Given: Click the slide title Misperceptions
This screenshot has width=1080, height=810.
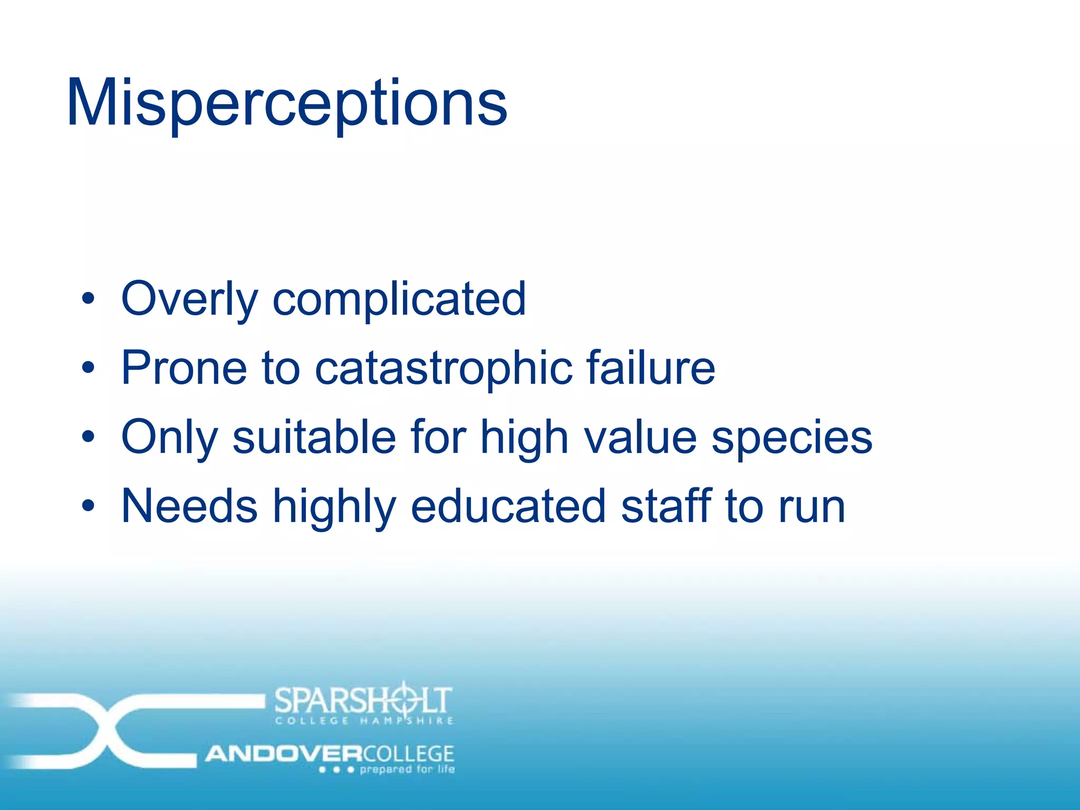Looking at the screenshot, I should (x=286, y=103).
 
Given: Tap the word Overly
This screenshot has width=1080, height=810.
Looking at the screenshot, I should (x=189, y=299).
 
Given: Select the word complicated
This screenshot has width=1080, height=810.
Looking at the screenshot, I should (x=399, y=299).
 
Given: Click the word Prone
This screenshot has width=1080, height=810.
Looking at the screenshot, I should (x=184, y=368).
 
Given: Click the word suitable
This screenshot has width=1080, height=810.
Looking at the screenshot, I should (x=314, y=437).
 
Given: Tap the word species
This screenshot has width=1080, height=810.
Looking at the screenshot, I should (x=792, y=437).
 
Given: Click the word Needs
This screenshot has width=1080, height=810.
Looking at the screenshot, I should (x=189, y=506).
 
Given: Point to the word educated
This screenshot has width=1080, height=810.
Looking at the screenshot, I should (x=508, y=506).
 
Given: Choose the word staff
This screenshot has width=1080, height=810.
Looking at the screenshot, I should (x=666, y=506).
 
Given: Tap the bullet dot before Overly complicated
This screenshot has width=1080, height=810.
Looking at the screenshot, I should (x=88, y=299).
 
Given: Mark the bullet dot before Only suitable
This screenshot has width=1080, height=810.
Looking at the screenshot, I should (x=88, y=437).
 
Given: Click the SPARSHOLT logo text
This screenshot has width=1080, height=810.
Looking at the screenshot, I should (x=363, y=700).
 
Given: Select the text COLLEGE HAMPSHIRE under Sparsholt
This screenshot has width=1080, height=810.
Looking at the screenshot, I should (x=364, y=721).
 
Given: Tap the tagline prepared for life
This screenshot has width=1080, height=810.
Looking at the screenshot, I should (x=407, y=769).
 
